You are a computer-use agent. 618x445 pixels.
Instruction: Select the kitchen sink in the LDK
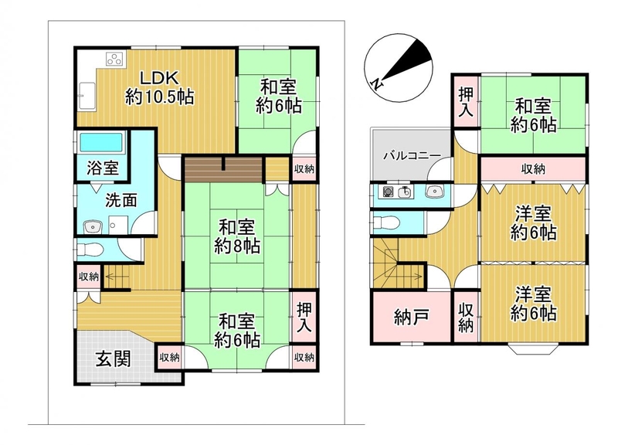click(x=87, y=96)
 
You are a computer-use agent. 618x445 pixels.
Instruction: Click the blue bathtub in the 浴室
click(x=101, y=143)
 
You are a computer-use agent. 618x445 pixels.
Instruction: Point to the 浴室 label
click(x=103, y=168)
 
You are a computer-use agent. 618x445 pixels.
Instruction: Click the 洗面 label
click(x=121, y=200)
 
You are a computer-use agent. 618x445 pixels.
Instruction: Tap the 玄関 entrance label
click(x=113, y=359)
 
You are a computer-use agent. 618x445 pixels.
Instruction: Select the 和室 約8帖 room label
click(x=237, y=236)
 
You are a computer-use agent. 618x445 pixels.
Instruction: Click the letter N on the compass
click(x=377, y=83)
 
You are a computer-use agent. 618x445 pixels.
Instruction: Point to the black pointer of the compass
click(x=410, y=60)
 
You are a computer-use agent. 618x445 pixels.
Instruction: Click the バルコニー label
click(x=413, y=155)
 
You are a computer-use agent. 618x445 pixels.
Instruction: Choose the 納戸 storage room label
click(x=412, y=318)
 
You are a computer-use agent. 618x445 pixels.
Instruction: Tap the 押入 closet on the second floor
click(x=466, y=102)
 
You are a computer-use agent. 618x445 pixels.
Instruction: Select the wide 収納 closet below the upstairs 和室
click(x=533, y=169)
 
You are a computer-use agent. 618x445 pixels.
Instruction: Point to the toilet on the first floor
click(x=90, y=249)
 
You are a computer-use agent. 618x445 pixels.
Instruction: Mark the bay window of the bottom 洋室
click(x=533, y=349)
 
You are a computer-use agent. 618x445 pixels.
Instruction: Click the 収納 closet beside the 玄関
click(x=169, y=358)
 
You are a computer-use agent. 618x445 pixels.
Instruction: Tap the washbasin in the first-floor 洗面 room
click(x=93, y=226)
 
